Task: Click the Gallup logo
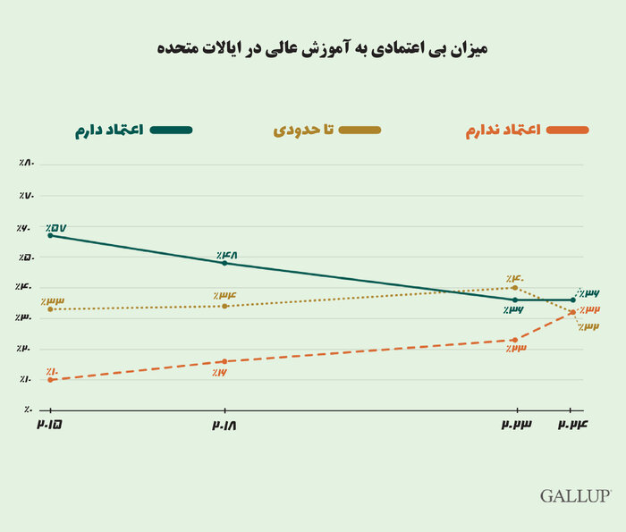click(x=575, y=495)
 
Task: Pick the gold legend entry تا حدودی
click(x=326, y=131)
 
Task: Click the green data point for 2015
click(x=51, y=235)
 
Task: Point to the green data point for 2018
click(x=224, y=263)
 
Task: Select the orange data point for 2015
click(x=51, y=380)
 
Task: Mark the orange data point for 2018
click(x=224, y=361)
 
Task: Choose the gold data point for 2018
click(x=224, y=306)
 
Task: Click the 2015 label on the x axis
click(x=50, y=426)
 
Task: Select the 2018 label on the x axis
click(x=224, y=426)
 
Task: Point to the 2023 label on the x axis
click(x=514, y=426)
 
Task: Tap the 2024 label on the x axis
click(x=572, y=426)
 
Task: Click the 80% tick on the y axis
click(x=24, y=164)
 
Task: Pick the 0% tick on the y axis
click(x=27, y=410)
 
